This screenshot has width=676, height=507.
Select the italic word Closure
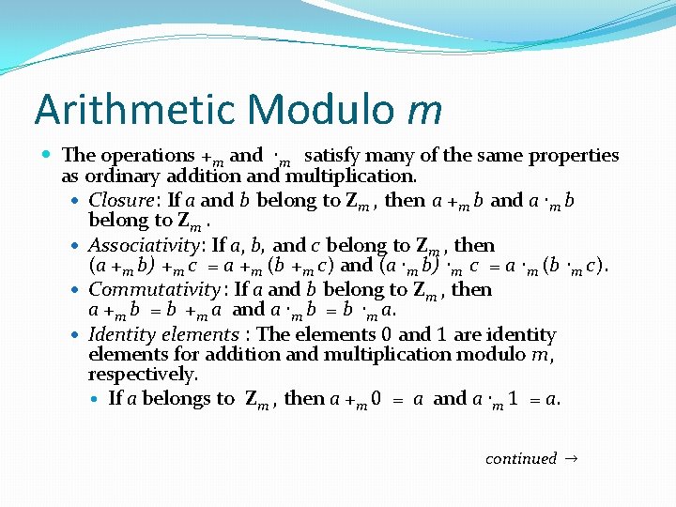121,200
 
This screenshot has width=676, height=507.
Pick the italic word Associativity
147,245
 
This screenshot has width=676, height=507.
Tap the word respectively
142,375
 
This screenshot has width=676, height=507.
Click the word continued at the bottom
521,458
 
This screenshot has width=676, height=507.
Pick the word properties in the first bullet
574,156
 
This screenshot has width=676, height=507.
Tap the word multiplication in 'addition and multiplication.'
350,176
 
